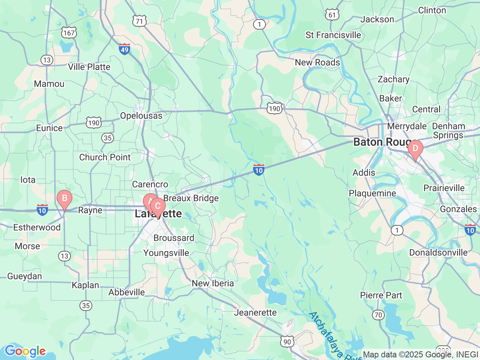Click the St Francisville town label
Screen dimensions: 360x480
tap(333, 35)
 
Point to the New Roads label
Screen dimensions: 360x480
tap(317, 63)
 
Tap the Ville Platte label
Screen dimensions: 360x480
tap(89, 67)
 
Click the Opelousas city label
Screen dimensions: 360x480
tap(141, 116)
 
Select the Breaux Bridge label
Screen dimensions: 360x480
tap(191, 198)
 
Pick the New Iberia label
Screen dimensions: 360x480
tap(213, 283)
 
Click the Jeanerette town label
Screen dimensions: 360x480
tap(255, 313)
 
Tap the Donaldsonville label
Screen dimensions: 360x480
tap(438, 253)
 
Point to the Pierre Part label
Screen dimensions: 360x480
tap(381, 295)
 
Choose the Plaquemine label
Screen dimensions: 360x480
tap(372, 193)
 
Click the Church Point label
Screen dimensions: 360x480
tap(105, 157)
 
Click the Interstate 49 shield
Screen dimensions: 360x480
tap(124, 49)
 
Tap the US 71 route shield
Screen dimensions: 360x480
tap(139, 21)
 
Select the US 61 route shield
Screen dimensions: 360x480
tap(332, 15)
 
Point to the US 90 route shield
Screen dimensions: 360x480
tap(287, 341)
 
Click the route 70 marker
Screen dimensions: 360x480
tap(379, 315)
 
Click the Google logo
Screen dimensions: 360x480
tap(25, 351)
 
